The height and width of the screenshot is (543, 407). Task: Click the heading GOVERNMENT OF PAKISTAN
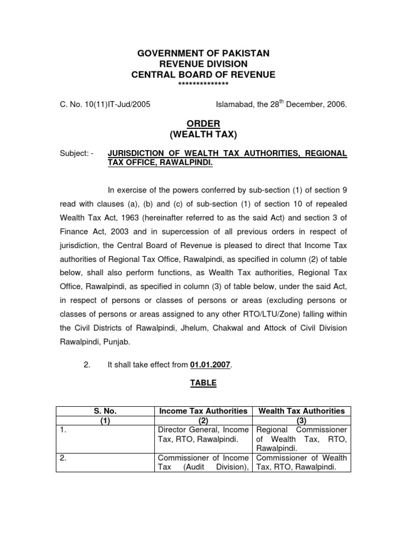tap(203, 54)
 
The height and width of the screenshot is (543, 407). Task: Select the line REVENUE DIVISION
tap(203, 64)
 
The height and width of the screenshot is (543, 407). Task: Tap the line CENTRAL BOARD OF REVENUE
tap(203, 75)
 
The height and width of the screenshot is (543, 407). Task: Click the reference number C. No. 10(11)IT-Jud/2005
tap(104, 104)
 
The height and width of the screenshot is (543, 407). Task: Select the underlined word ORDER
tap(204, 124)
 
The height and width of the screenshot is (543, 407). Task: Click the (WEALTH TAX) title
tap(204, 135)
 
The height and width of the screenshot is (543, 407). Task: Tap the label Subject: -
tap(76, 153)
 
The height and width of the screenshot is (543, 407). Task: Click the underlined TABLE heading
tap(204, 383)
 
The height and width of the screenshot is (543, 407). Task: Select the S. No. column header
tap(105, 411)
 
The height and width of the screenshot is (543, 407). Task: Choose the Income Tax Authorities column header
tap(203, 411)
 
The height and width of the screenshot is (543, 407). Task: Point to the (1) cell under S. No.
tap(105, 420)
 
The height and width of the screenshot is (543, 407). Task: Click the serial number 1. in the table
tap(63, 430)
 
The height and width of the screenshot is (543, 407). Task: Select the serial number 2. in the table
tap(63, 458)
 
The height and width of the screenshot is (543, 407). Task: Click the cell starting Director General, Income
tap(203, 434)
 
